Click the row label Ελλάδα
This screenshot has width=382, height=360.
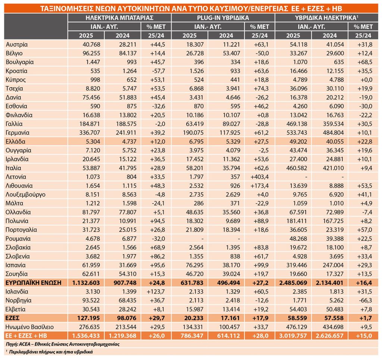(x=15, y=141)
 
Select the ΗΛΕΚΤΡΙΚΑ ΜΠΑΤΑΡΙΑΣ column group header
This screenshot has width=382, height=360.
(x=119, y=18)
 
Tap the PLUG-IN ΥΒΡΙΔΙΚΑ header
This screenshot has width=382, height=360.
(x=223, y=18)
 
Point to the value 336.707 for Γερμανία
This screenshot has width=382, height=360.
(x=90, y=133)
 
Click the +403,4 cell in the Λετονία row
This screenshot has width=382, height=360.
(x=260, y=177)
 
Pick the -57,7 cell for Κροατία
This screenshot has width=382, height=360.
(x=158, y=71)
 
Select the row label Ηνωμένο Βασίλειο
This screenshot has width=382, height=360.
(x=29, y=327)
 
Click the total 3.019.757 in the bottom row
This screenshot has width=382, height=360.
(x=293, y=336)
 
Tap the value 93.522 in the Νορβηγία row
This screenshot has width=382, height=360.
(x=91, y=300)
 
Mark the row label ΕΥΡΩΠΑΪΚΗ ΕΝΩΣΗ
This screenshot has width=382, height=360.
(x=33, y=283)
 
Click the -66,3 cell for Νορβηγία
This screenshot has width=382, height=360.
(x=365, y=300)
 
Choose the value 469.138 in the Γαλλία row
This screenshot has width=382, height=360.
(x=297, y=124)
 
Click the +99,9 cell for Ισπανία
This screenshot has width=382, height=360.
(x=261, y=265)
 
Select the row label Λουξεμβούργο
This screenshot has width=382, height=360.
(x=25, y=195)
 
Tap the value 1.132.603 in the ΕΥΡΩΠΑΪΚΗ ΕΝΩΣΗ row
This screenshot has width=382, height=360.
(x=86, y=283)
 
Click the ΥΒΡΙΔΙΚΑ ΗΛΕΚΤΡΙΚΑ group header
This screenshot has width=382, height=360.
(x=326, y=18)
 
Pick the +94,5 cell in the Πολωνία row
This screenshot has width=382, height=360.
(x=158, y=221)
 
